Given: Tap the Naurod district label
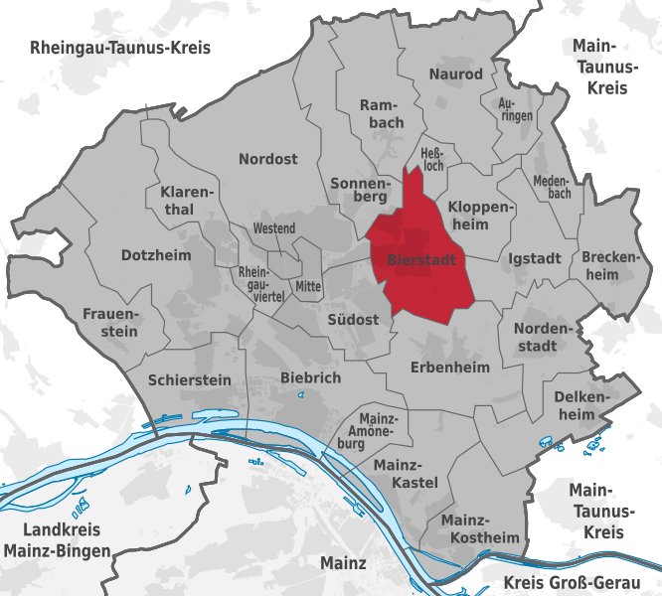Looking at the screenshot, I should (455, 74).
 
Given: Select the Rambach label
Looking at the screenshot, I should (382, 113).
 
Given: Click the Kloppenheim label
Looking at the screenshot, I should (482, 216).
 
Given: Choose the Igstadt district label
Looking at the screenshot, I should (535, 258).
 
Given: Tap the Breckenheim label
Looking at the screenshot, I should (607, 265).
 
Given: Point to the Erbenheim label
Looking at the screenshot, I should (450, 368).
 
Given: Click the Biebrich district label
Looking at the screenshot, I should (310, 377).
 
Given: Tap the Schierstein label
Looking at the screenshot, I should (189, 379).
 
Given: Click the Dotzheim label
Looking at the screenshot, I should (155, 255).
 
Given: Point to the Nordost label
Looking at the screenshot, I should (267, 159).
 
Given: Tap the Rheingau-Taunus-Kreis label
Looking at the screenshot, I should (120, 48).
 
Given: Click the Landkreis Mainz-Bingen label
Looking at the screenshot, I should (56, 539).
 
